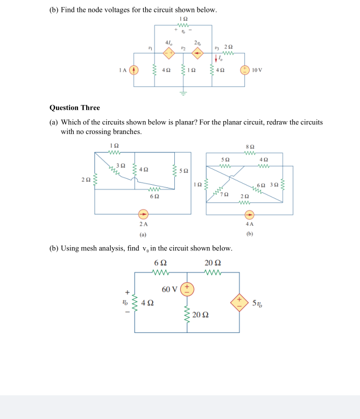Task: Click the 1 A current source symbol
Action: (135, 69)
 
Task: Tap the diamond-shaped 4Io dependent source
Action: (169, 53)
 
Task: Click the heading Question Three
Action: (75, 108)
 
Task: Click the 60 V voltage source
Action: (187, 289)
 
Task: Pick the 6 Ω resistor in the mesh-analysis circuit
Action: (160, 273)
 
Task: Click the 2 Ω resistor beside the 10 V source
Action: (228, 53)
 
